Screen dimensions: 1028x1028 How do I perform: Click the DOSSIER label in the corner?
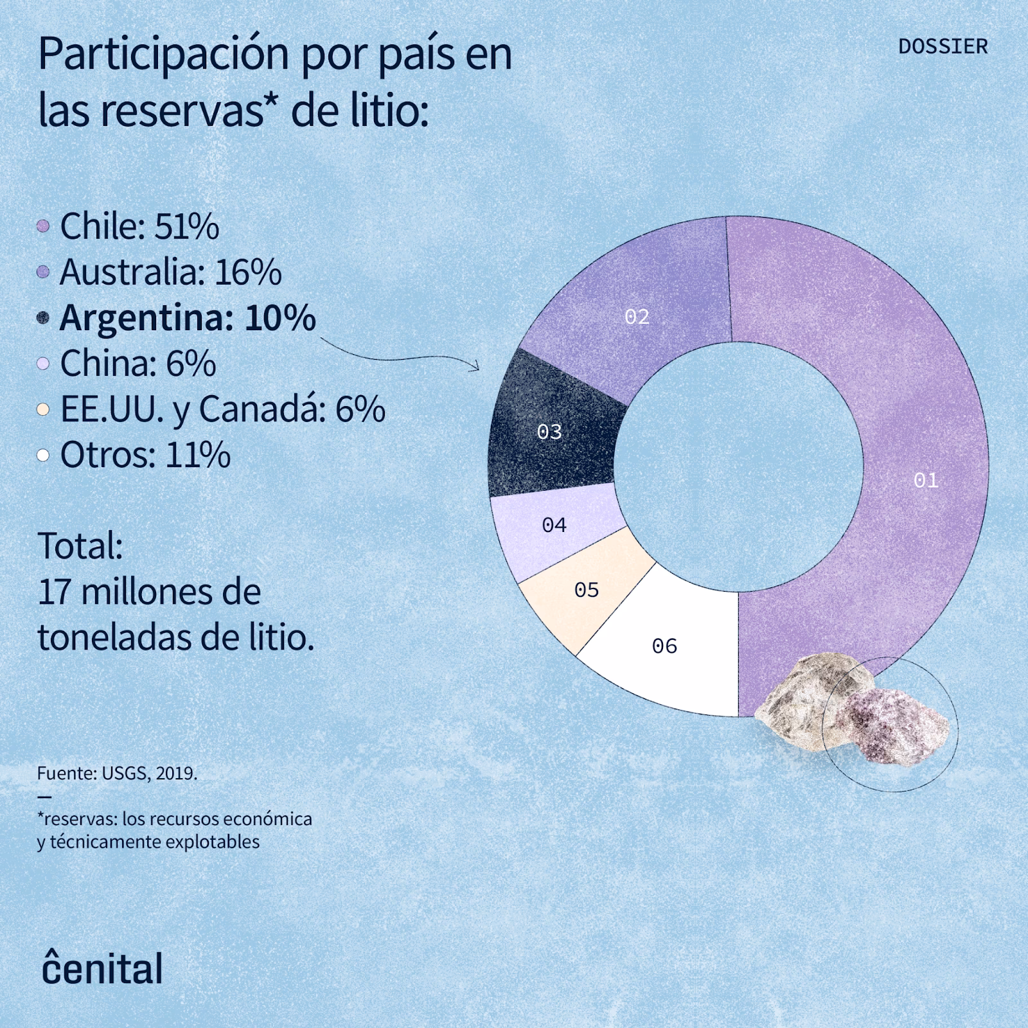click(943, 47)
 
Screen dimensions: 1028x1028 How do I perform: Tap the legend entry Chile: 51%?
click(139, 226)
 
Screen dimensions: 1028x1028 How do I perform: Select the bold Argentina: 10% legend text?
click(188, 318)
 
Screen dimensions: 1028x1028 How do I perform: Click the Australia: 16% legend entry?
click(170, 272)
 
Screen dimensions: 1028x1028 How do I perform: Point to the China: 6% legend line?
click(137, 364)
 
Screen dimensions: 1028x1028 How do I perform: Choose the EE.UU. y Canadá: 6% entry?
click(222, 409)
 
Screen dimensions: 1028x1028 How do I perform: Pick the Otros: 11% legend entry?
click(145, 456)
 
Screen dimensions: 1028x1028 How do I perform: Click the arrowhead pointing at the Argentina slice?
click(475, 367)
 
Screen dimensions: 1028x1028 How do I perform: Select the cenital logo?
click(103, 968)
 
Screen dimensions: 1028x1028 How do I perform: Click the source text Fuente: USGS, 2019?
click(117, 773)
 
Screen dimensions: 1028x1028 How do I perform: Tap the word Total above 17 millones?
click(80, 546)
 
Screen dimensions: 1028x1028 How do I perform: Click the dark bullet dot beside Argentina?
click(43, 318)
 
